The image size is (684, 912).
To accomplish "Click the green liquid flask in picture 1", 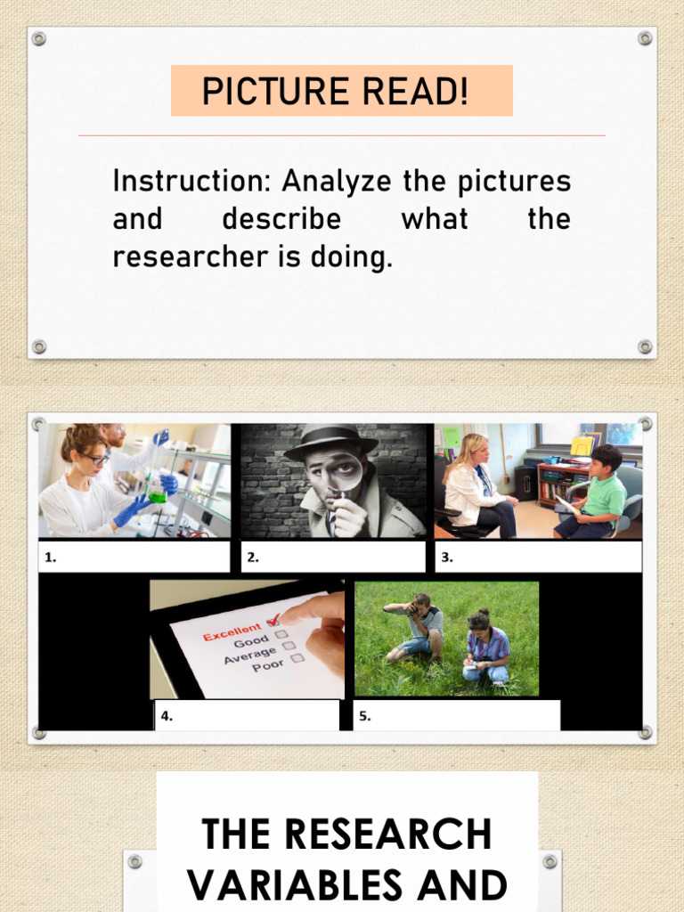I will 157,488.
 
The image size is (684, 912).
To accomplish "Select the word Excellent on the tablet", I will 233,631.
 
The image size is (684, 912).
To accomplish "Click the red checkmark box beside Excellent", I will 273,621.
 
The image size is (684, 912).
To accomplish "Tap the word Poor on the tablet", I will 268,666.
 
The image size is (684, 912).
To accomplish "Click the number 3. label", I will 447,558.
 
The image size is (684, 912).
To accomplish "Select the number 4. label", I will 166,715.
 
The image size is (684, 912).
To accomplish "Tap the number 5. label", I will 366,715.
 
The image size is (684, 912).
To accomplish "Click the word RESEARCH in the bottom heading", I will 346,835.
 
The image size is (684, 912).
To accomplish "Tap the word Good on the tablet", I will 251,642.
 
